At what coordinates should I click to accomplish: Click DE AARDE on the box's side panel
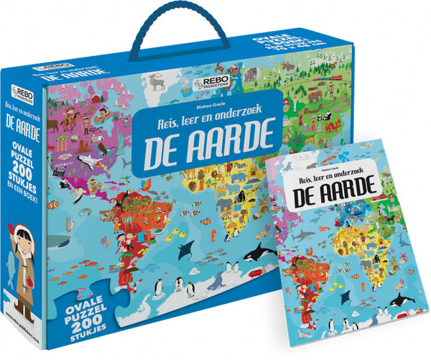tap(22, 143)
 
